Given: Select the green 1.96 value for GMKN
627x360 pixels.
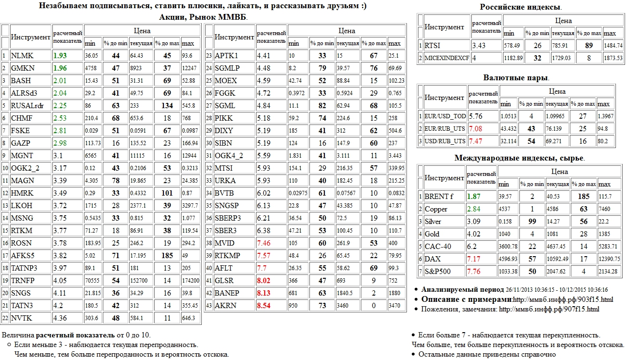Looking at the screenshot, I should (x=60, y=68).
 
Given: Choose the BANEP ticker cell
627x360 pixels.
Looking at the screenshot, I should (x=227, y=293).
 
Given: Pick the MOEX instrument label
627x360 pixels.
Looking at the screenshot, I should (x=225, y=81).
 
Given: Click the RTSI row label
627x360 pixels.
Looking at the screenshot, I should (x=432, y=46).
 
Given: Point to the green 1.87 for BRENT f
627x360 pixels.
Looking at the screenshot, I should (x=474, y=196).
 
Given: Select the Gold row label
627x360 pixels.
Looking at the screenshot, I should (x=432, y=234).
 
